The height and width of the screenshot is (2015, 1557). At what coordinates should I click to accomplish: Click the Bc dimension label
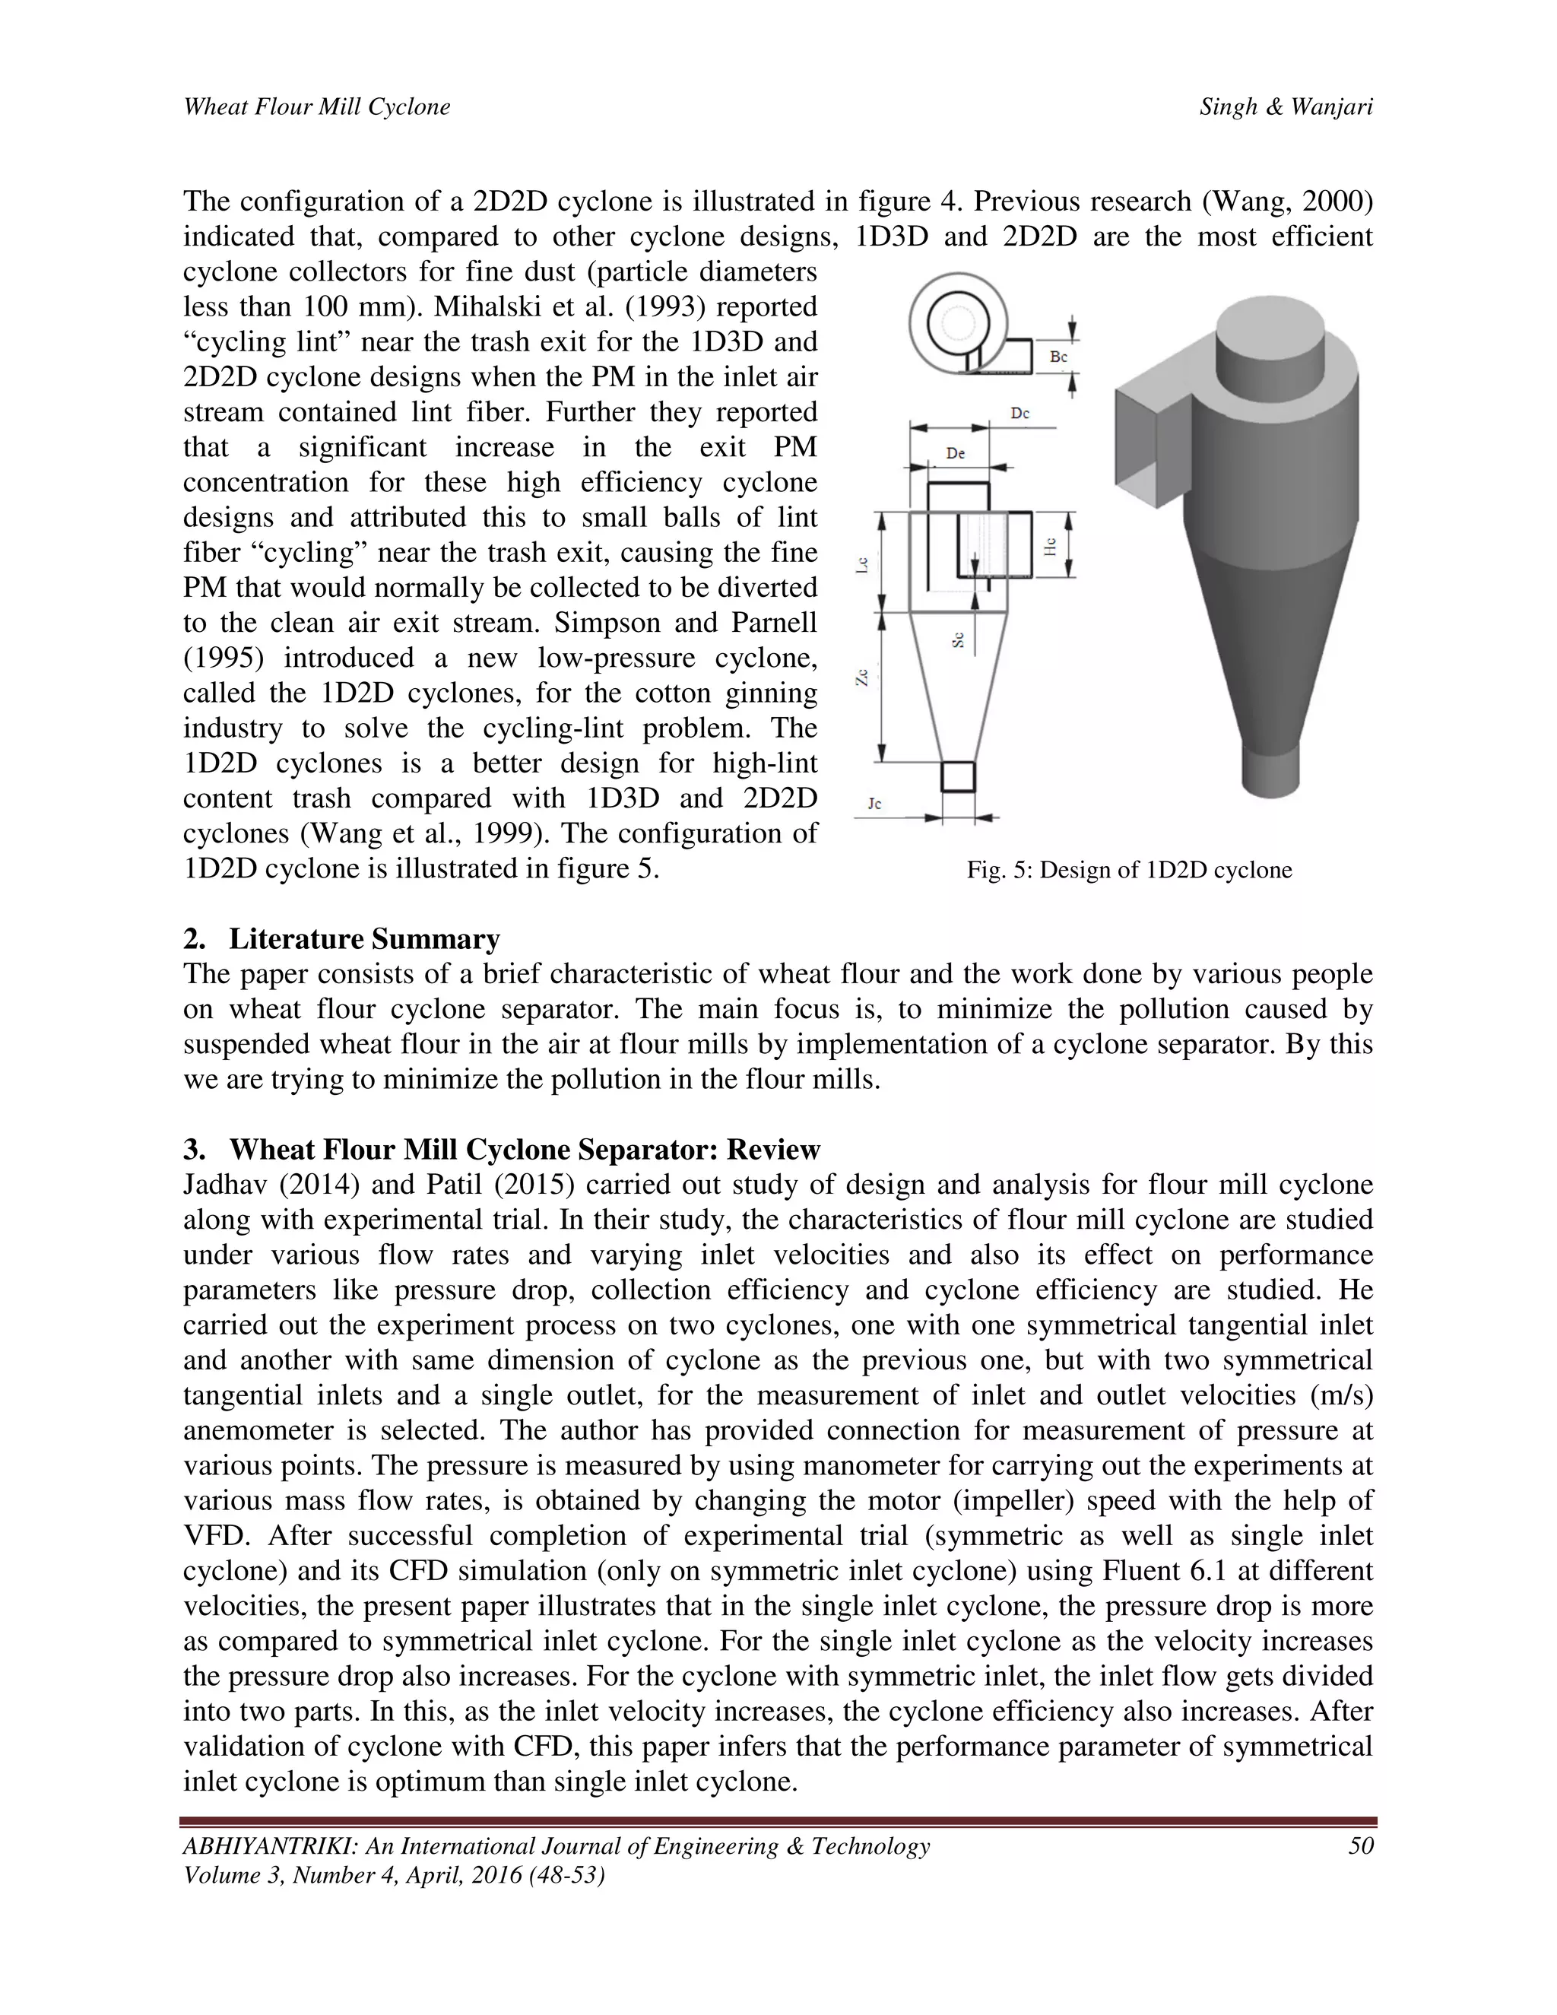point(1059,356)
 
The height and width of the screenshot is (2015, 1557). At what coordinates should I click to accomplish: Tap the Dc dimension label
point(1020,414)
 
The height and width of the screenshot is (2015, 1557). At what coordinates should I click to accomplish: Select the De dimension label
point(956,453)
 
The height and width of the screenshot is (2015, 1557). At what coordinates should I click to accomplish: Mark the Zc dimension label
point(861,678)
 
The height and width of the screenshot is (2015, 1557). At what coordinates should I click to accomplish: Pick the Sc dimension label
point(959,639)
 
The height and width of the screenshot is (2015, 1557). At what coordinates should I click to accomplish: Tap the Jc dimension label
point(874,804)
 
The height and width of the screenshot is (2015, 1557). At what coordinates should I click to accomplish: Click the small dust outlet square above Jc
point(957,777)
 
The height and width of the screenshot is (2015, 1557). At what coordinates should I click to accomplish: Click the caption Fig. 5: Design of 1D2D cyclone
point(1129,870)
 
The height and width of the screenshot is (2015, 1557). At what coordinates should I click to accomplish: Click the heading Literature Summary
point(364,939)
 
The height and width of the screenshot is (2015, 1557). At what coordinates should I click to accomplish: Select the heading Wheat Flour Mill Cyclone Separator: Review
point(524,1150)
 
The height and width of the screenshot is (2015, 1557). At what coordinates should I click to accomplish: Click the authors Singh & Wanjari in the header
point(1286,107)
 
